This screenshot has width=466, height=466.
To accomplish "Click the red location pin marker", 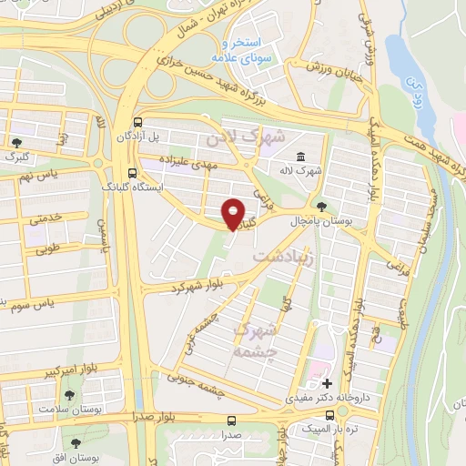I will pyautogui.click(x=234, y=214).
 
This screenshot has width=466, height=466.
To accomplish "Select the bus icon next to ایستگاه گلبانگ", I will pyautogui.click(x=133, y=173).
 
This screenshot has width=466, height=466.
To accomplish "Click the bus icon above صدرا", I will pyautogui.click(x=231, y=420).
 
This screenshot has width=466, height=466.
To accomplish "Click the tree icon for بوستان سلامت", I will pyautogui.click(x=69, y=394).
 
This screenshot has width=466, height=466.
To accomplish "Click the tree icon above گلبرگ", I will pyautogui.click(x=17, y=141).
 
